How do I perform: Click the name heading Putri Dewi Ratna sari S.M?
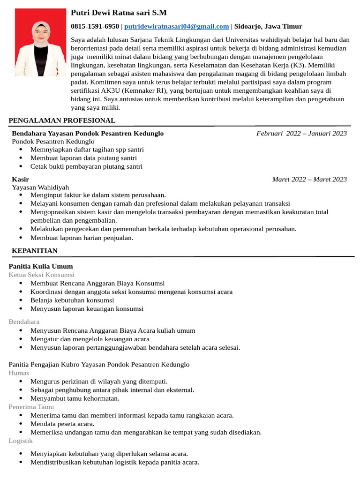tap(119, 13)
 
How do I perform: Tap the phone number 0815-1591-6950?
tap(95, 26)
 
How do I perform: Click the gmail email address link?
tap(176, 26)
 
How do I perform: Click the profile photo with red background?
tap(40, 42)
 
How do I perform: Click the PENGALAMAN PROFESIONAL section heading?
tap(62, 120)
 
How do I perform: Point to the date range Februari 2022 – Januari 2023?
tap(301, 134)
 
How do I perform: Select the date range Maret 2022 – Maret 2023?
tap(309, 180)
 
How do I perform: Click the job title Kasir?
tap(20, 180)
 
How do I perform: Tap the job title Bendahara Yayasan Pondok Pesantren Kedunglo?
tap(88, 134)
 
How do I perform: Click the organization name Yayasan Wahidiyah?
tap(40, 187)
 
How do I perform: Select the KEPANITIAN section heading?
tap(35, 251)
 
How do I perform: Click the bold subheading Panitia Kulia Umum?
tap(41, 267)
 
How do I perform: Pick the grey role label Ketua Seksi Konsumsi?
tap(41, 275)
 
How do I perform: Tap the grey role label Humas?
tap(19, 373)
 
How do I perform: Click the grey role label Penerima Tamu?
tap(31, 407)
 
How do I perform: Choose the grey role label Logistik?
tap(21, 441)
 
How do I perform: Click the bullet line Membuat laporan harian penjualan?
tap(82, 238)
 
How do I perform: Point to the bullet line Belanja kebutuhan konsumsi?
tap(72, 300)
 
